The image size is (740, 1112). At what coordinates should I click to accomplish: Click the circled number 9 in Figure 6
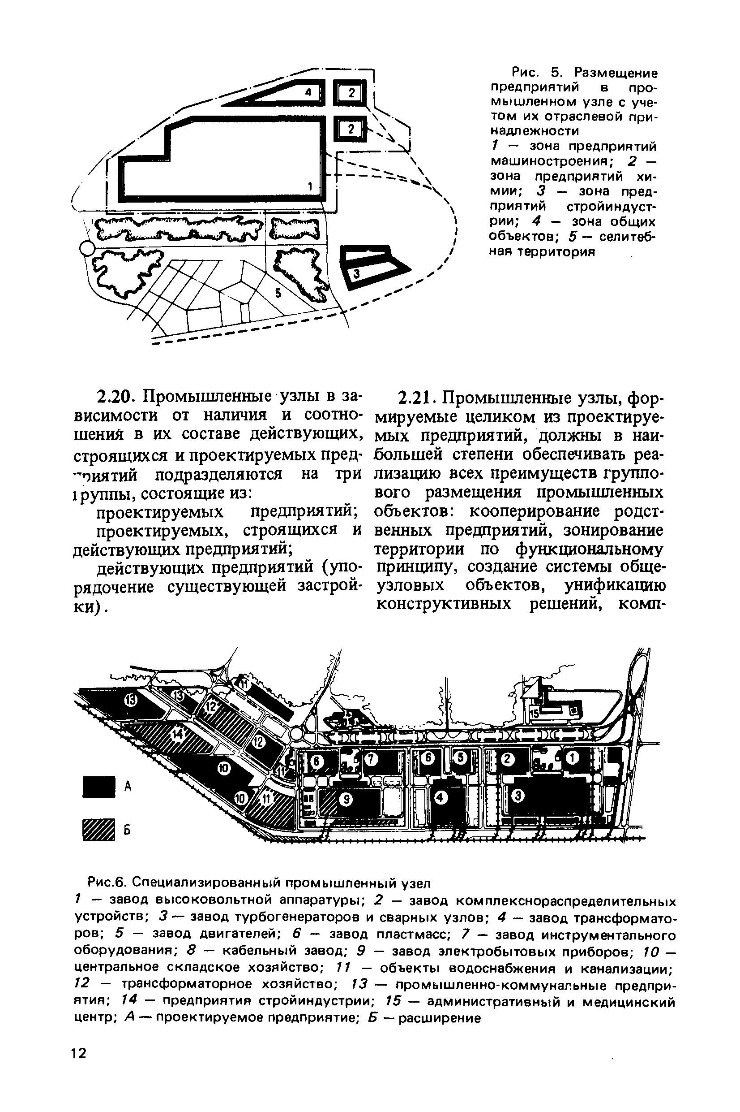tap(347, 799)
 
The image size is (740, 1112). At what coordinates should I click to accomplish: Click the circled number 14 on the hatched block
tap(177, 735)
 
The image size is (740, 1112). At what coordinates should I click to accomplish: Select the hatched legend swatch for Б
tap(98, 830)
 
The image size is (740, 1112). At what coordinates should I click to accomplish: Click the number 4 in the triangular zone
tap(308, 93)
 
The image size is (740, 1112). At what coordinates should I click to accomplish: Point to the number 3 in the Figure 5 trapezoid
tap(357, 273)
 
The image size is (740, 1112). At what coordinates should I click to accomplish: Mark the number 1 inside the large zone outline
tap(310, 186)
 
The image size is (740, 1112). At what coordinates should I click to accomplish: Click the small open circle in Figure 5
tap(86, 247)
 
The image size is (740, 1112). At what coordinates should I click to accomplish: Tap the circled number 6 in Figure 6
tap(428, 757)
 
